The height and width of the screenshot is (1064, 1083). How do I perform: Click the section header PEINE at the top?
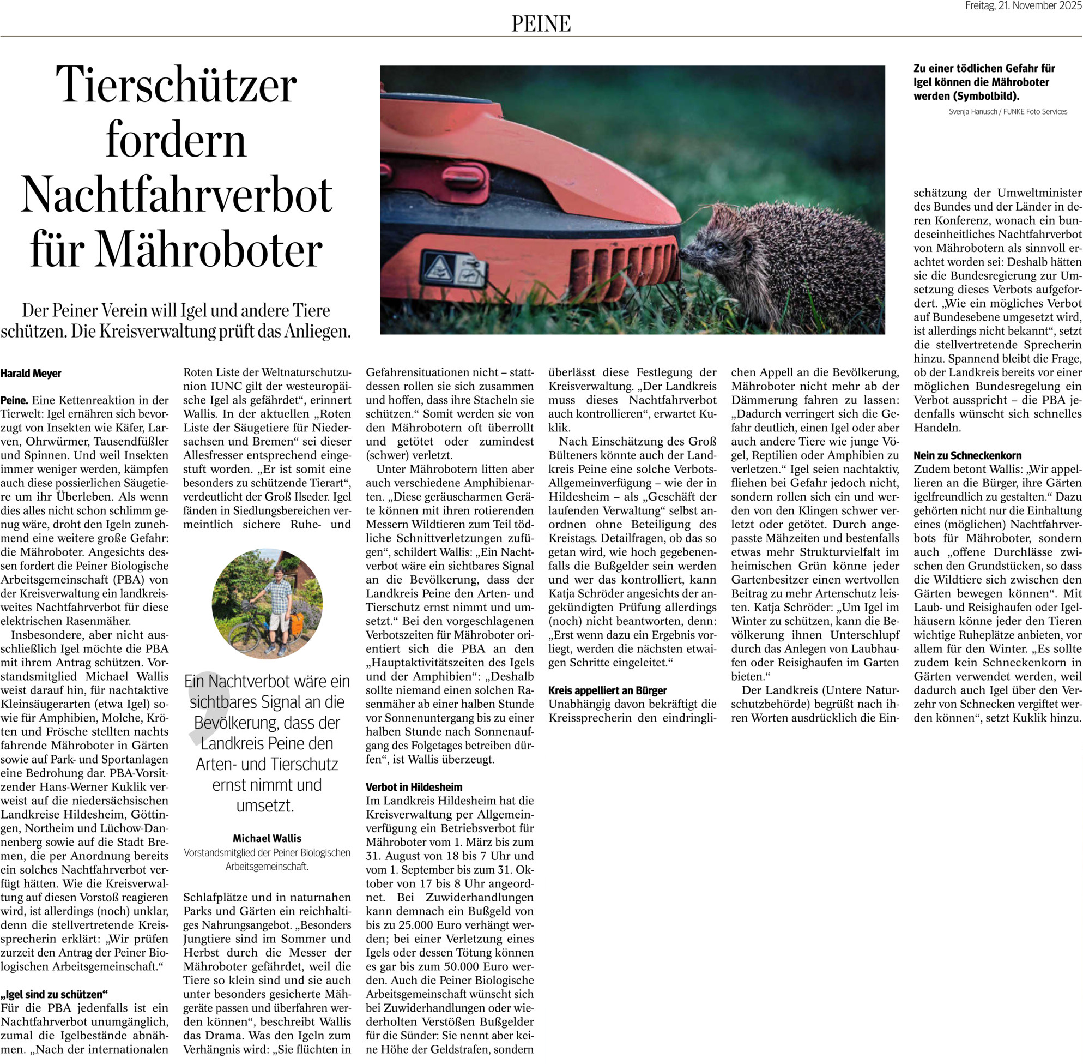point(541,23)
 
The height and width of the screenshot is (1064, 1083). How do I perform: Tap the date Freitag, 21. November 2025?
point(1024,5)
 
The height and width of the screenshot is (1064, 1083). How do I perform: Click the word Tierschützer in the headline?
point(177,85)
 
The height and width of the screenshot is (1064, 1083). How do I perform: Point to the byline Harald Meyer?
point(31,373)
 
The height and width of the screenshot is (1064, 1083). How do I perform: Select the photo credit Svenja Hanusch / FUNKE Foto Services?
point(1008,112)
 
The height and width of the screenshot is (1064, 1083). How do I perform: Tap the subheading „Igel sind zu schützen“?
point(54,994)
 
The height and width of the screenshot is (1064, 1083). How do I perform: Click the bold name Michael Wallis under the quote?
point(267,838)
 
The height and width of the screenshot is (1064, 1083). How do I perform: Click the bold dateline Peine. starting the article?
point(15,400)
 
